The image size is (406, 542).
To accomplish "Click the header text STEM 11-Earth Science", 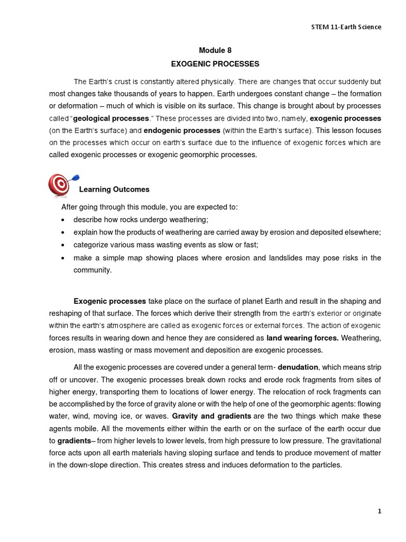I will coord(347,27).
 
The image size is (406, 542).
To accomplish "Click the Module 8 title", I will coord(215,50).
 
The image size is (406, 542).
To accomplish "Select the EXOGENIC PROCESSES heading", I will coord(215,64).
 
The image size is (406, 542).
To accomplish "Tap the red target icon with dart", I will coord(58,185).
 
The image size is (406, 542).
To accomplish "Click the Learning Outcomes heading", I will coord(114,189).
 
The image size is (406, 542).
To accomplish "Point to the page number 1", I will coord(379,511).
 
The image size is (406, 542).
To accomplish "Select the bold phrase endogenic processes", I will coord(182,130).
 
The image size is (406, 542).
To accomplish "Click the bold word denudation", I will coord(298,367).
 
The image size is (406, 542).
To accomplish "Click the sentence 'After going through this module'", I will coord(150,207).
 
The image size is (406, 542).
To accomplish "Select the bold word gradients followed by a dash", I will coord(75,440).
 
